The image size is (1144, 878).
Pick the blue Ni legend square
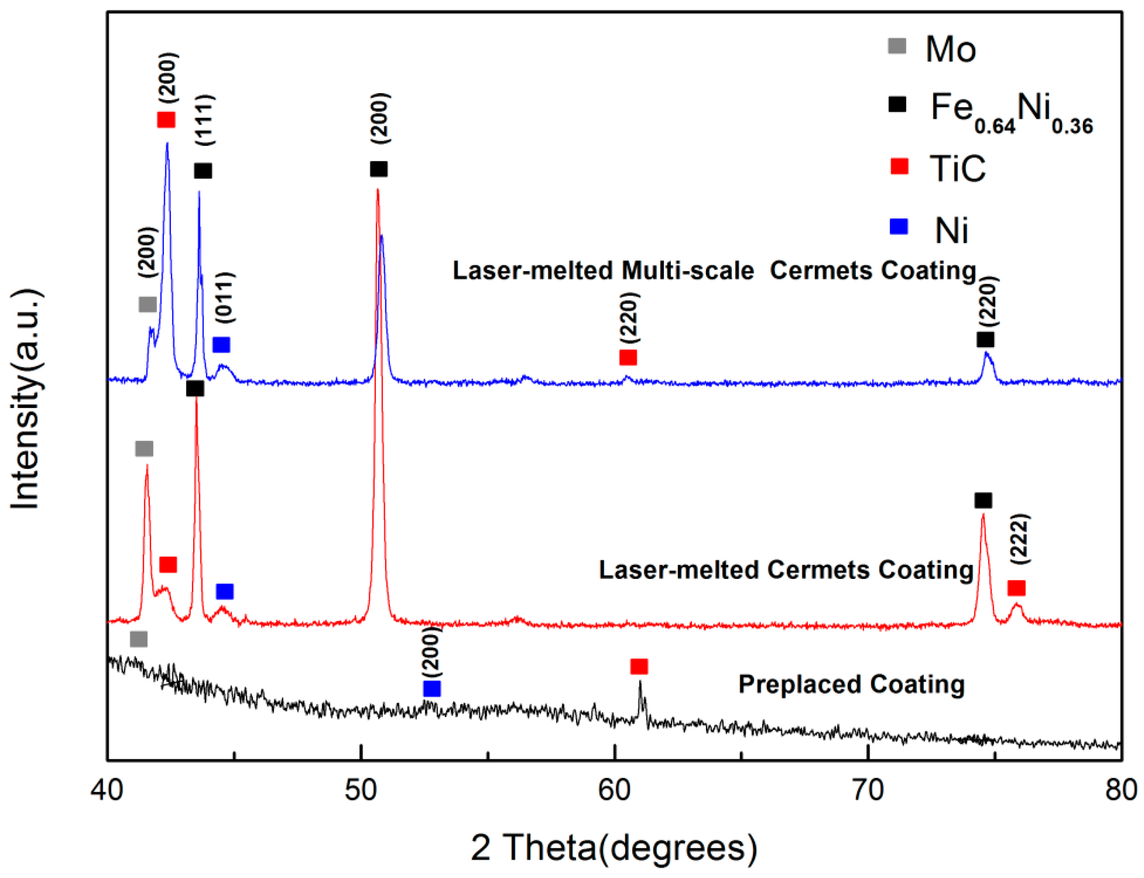pyautogui.click(x=898, y=227)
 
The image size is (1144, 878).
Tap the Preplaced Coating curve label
pyautogui.click(x=851, y=684)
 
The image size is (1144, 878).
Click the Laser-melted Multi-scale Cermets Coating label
pyautogui.click(x=714, y=271)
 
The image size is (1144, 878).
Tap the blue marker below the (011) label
pyautogui.click(x=221, y=345)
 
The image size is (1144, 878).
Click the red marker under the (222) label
pyautogui.click(x=1016, y=588)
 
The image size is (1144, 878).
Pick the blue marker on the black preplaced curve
pyautogui.click(x=432, y=689)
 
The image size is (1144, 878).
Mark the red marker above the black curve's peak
pyautogui.click(x=639, y=666)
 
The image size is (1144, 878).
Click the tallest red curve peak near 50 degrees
pyautogui.click(x=377, y=190)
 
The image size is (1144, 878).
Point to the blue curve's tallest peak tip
pyautogui.click(x=167, y=143)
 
